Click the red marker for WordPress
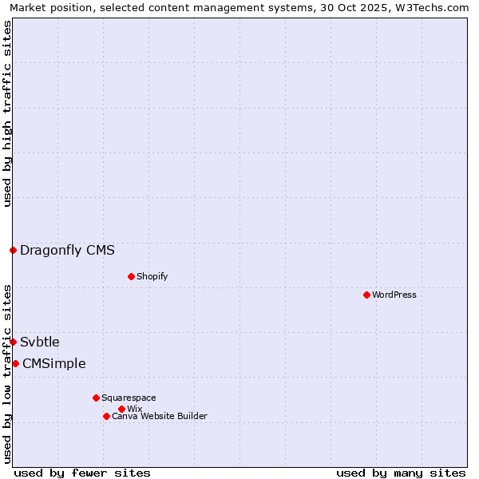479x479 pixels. (x=366, y=295)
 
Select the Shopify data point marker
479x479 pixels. (x=131, y=276)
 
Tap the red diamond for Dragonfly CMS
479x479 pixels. (x=13, y=250)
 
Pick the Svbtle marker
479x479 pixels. (x=13, y=342)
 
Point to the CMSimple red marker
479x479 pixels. (x=15, y=363)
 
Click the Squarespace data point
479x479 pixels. (x=96, y=398)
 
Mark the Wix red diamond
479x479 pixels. (x=121, y=409)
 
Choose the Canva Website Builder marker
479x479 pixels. (x=106, y=416)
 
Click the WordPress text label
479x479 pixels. (x=394, y=295)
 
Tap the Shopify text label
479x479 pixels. (x=152, y=276)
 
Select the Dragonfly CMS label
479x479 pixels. (x=67, y=250)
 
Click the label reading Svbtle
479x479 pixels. (x=40, y=342)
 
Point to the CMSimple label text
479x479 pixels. (x=53, y=363)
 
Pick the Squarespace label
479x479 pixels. (x=129, y=398)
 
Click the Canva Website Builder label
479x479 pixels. (x=160, y=416)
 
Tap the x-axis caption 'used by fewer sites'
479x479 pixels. (x=82, y=473)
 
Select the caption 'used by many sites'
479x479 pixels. (x=401, y=473)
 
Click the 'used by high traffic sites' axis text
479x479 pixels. (x=7, y=113)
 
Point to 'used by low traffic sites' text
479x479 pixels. (x=7, y=374)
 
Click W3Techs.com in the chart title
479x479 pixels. (x=434, y=7)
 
